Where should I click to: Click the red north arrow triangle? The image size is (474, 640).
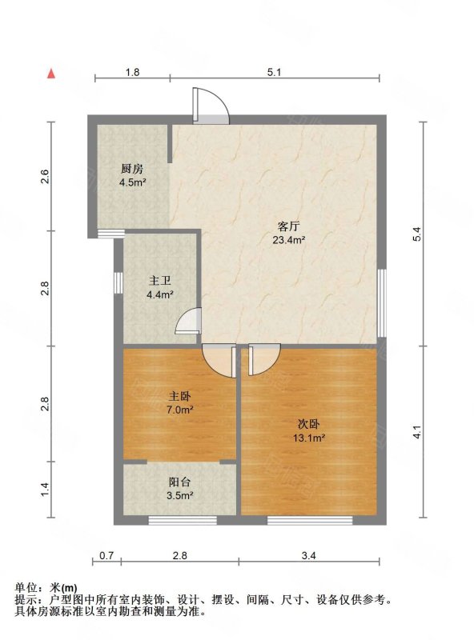pos(51,74)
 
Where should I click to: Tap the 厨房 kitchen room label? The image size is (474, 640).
pos(132,169)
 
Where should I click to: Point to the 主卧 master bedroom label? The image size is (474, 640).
pos(180,396)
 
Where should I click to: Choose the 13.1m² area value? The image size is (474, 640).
pos(309,438)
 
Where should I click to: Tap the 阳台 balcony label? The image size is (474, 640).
pos(180,482)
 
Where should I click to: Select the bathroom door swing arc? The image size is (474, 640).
pos(188,321)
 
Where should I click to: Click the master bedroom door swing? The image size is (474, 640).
pos(219,361)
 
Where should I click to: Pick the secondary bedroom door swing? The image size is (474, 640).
pos(264,360)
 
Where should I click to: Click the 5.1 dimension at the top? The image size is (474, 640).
pos(275,72)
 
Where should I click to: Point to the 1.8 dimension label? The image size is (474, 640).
pos(133,72)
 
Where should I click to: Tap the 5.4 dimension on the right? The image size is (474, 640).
pos(417,234)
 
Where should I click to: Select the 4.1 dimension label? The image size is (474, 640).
pos(417,432)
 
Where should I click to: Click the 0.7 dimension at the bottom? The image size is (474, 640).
pos(106,555)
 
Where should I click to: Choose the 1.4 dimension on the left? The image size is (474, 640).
pos(45,490)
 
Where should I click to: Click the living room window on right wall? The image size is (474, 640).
pos(382,303)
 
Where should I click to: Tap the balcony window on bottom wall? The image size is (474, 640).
pos(183,520)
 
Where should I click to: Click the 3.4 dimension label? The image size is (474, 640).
pos(309,555)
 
